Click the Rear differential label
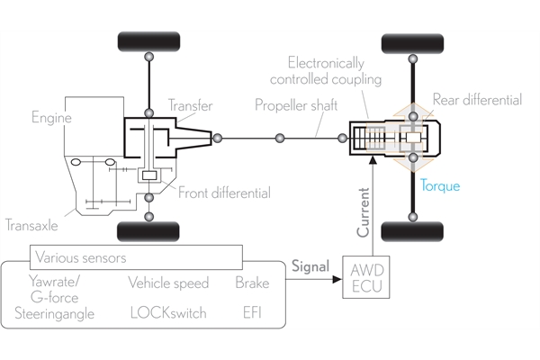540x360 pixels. (x=477, y=100)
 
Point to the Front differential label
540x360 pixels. (x=224, y=193)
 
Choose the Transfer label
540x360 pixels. (x=191, y=106)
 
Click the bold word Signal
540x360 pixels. (x=310, y=266)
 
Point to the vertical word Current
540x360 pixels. (x=364, y=212)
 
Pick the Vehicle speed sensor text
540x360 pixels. (x=168, y=283)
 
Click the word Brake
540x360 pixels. (x=252, y=283)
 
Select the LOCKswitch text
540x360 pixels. (x=167, y=313)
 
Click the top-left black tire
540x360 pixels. (x=148, y=42)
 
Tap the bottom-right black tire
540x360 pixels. (x=412, y=231)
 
